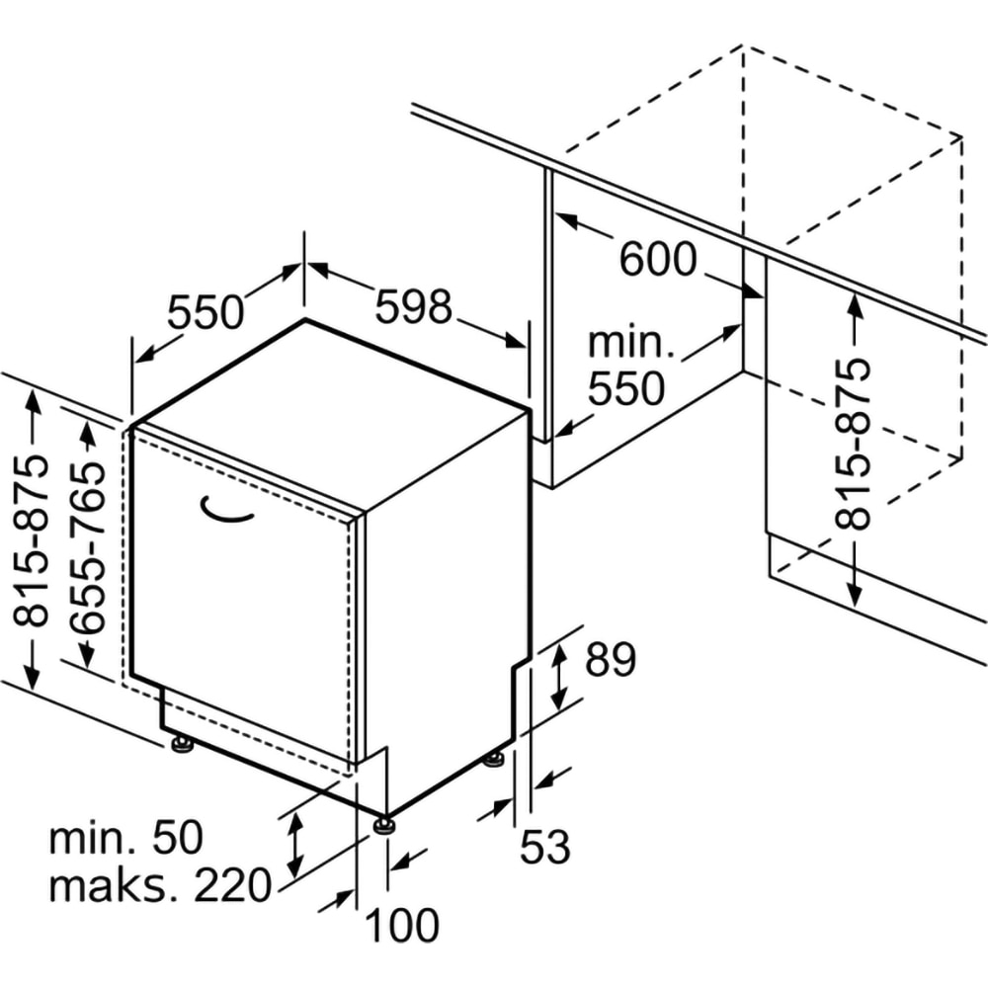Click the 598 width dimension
coord(413,307)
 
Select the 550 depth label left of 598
coord(205,313)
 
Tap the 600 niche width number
coord(658,260)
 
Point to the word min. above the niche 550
coord(630,343)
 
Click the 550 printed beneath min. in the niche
coord(626,389)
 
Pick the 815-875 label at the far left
coord(36,541)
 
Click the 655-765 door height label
coord(87,549)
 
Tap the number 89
coord(610,660)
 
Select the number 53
coord(545,847)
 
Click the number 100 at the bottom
coord(402,926)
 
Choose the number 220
coord(232,885)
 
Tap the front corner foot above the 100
coord(383,822)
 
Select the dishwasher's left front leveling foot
coord(183,744)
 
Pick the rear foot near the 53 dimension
coord(494,759)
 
